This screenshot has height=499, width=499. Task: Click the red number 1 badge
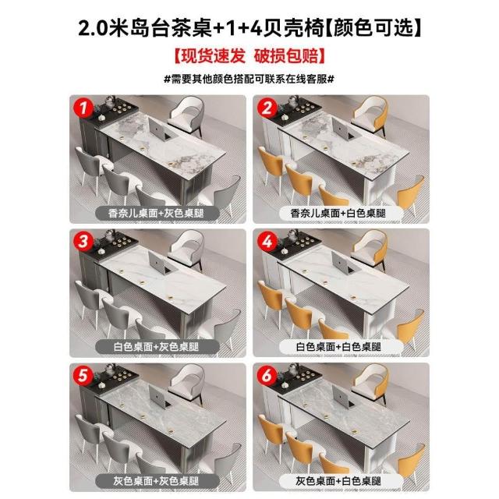(x=83, y=108)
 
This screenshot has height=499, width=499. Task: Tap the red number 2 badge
(x=267, y=108)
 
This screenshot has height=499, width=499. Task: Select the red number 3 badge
(x=83, y=241)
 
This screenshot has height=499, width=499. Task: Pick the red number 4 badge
(x=267, y=241)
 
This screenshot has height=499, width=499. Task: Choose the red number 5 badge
(x=83, y=375)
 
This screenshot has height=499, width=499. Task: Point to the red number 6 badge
(x=267, y=376)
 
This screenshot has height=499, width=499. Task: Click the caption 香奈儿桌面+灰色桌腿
(x=156, y=213)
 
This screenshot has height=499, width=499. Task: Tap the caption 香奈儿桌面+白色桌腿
(x=338, y=213)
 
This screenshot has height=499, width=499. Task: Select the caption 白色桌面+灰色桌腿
(x=156, y=346)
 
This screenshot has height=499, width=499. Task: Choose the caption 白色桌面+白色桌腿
(x=338, y=346)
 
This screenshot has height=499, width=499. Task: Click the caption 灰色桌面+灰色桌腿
(x=156, y=481)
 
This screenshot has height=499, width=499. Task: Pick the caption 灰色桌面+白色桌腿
(x=338, y=481)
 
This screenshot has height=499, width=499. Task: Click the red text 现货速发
(x=214, y=55)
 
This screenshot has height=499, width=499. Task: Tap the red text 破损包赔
(x=286, y=55)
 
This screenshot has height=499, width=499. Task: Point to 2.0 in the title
(x=93, y=28)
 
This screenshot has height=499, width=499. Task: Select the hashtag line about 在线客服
(x=249, y=79)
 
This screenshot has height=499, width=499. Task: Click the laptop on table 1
(x=161, y=129)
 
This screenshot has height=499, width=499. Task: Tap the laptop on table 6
(x=345, y=397)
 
